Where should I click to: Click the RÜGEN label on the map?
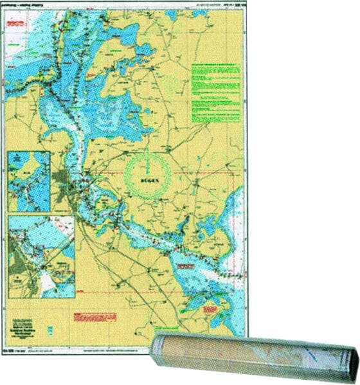[x=148, y=182]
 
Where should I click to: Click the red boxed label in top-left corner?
[x=16, y=24]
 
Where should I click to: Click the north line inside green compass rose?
[x=148, y=165]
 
